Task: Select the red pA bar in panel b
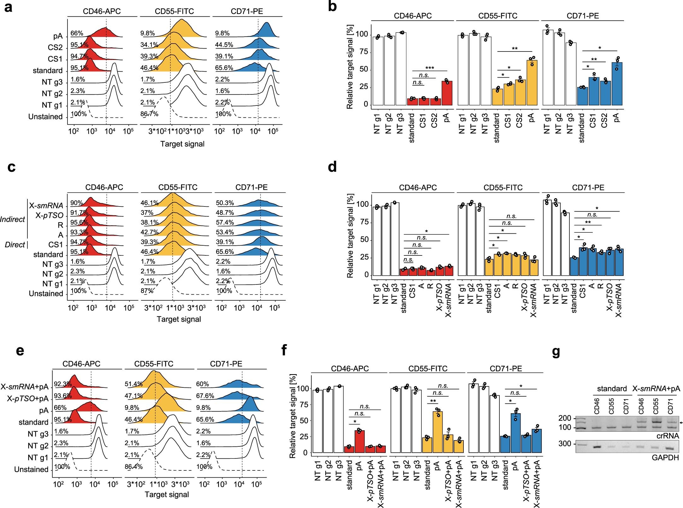[x=447, y=93]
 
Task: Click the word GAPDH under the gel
[x=665, y=457]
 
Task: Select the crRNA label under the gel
[x=668, y=436]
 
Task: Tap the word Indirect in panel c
[x=12, y=219]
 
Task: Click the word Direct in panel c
[x=15, y=245]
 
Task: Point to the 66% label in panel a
[x=77, y=33]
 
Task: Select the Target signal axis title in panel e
[x=167, y=494]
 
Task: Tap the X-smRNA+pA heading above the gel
[x=656, y=389]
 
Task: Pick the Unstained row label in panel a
[x=45, y=117]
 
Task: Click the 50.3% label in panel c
[x=225, y=203]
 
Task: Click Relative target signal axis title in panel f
[x=293, y=416]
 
